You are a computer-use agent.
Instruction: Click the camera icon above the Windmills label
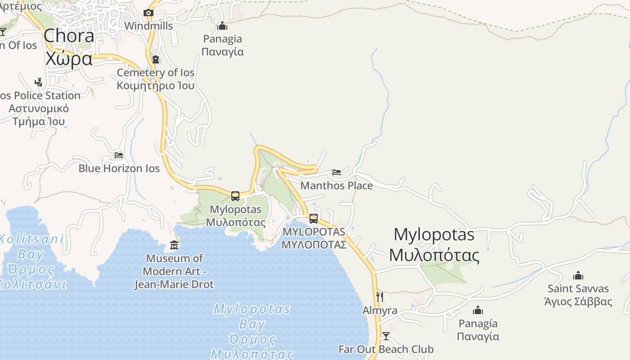click(x=148, y=13)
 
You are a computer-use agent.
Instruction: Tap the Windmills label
click(x=148, y=26)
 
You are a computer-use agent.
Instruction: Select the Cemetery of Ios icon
click(x=156, y=59)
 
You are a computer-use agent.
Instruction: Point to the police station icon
click(x=39, y=82)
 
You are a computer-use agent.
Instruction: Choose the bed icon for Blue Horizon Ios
click(x=119, y=155)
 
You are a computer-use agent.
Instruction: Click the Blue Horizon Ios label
click(x=119, y=168)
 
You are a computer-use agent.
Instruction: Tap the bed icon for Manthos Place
click(x=337, y=172)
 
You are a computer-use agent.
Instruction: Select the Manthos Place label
click(x=337, y=185)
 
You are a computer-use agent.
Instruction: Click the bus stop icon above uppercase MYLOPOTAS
click(x=314, y=219)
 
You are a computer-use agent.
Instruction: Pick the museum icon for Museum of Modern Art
click(x=174, y=245)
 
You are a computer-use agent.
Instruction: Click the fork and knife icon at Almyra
click(x=380, y=297)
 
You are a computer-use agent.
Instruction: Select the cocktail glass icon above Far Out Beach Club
click(x=386, y=336)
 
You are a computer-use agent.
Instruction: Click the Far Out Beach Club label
click(x=386, y=349)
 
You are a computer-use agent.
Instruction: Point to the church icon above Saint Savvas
click(x=578, y=275)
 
